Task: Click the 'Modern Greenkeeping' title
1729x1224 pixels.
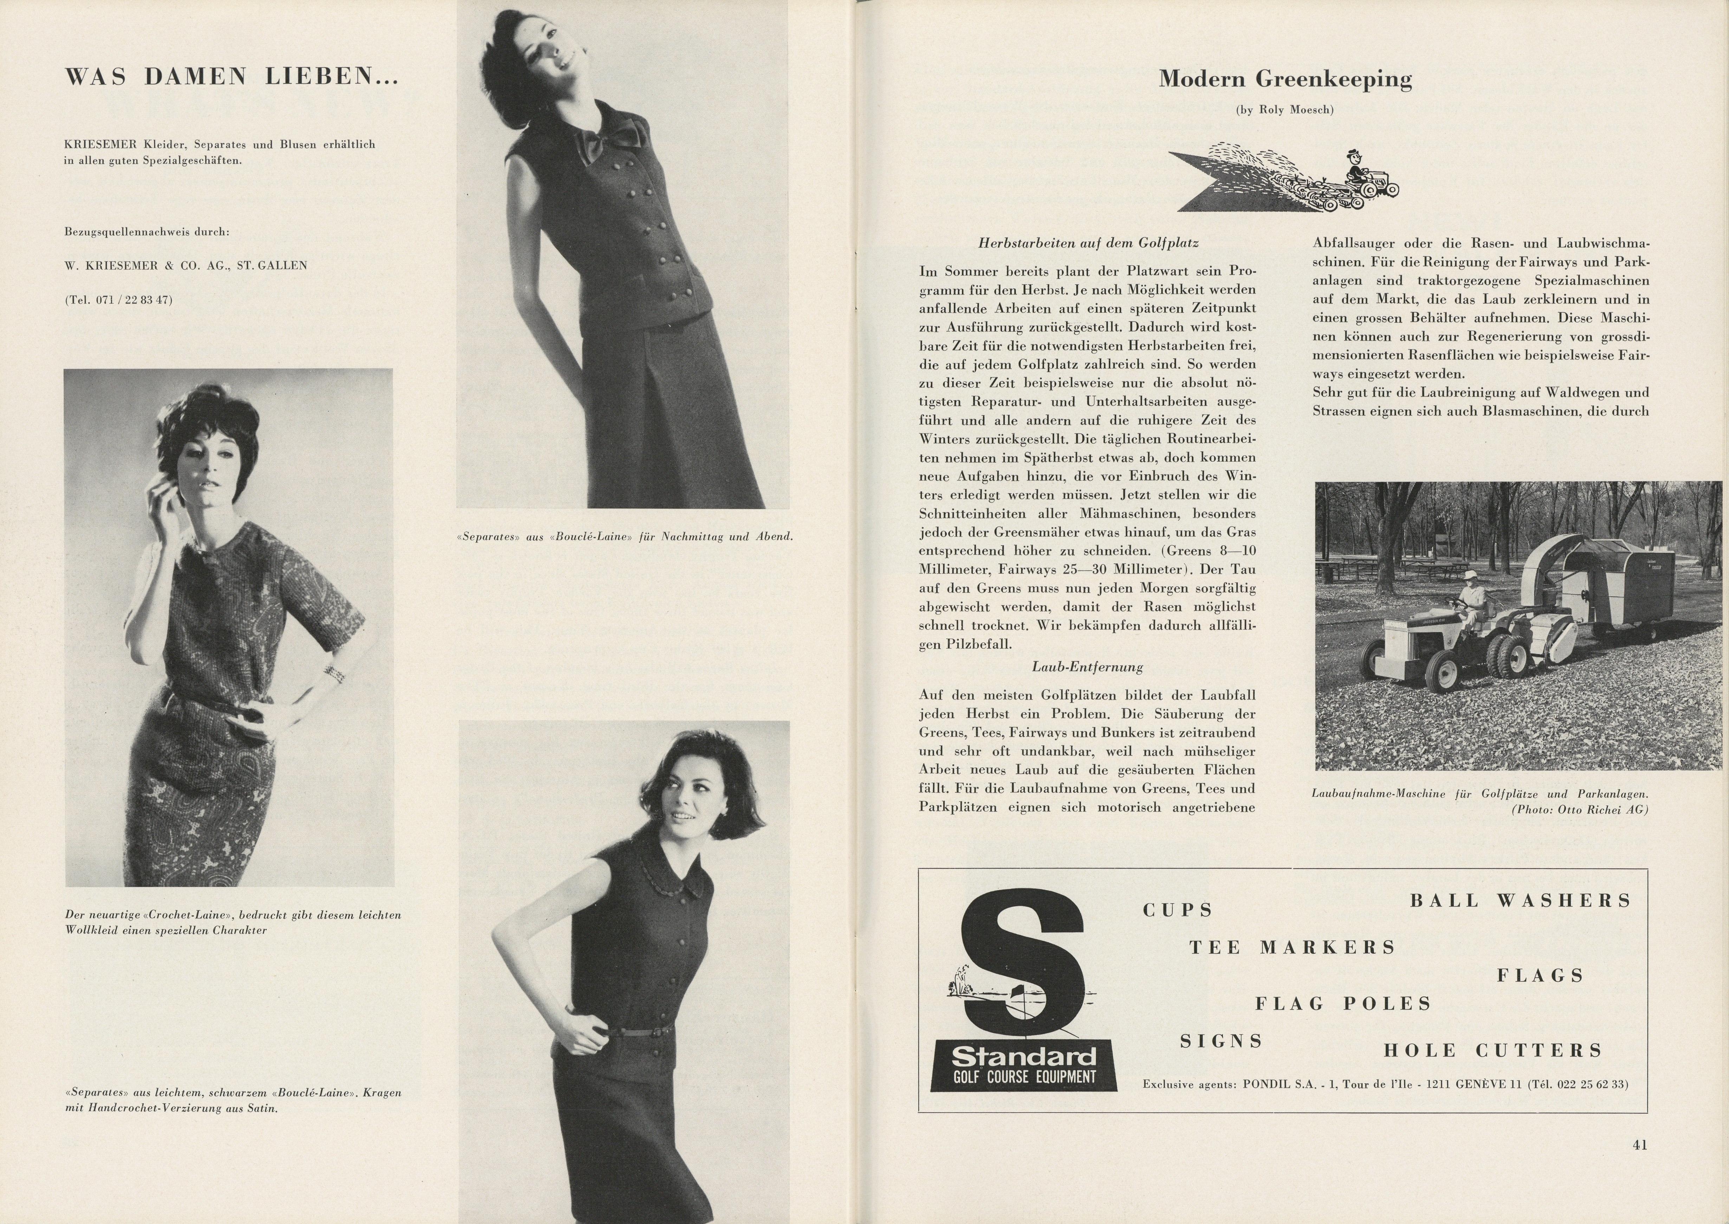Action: tap(1285, 79)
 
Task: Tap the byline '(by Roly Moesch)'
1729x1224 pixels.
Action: tap(1285, 110)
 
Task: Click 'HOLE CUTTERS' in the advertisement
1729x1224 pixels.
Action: tap(1493, 1050)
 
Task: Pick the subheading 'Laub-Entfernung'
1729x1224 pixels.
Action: tap(1087, 667)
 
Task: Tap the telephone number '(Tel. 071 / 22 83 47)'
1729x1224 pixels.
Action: tap(118, 300)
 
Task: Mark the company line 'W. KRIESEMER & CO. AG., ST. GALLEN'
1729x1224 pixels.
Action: tap(186, 265)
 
